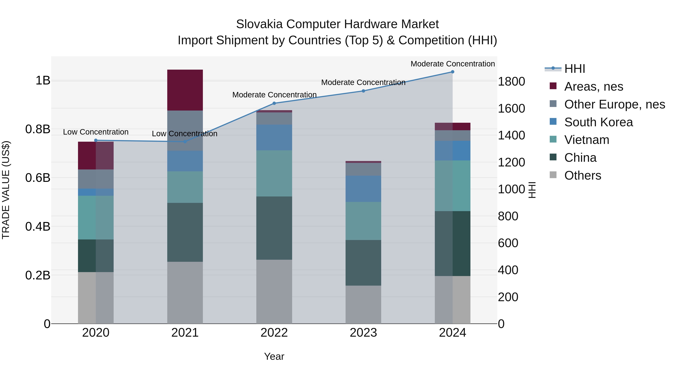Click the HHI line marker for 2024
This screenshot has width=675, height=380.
[x=453, y=72]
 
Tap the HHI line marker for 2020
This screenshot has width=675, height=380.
[x=96, y=140]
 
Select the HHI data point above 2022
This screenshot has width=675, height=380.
[x=274, y=103]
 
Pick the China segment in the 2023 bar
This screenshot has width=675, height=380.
[x=363, y=263]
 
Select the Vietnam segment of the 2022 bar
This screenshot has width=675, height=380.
[x=274, y=173]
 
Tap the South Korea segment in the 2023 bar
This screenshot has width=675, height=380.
[x=363, y=189]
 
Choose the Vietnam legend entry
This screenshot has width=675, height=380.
[x=587, y=140]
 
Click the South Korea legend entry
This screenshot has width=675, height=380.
[x=598, y=122]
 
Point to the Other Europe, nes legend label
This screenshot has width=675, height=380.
[x=614, y=104]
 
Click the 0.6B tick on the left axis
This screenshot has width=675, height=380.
[x=38, y=178]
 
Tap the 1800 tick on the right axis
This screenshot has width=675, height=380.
[x=511, y=82]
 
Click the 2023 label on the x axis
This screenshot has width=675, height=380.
[x=363, y=333]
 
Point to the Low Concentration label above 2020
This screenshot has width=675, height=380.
[x=96, y=132]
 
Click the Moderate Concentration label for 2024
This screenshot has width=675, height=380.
[x=453, y=64]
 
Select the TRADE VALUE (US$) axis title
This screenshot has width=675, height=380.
[x=6, y=190]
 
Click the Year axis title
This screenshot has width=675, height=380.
[x=274, y=356]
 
